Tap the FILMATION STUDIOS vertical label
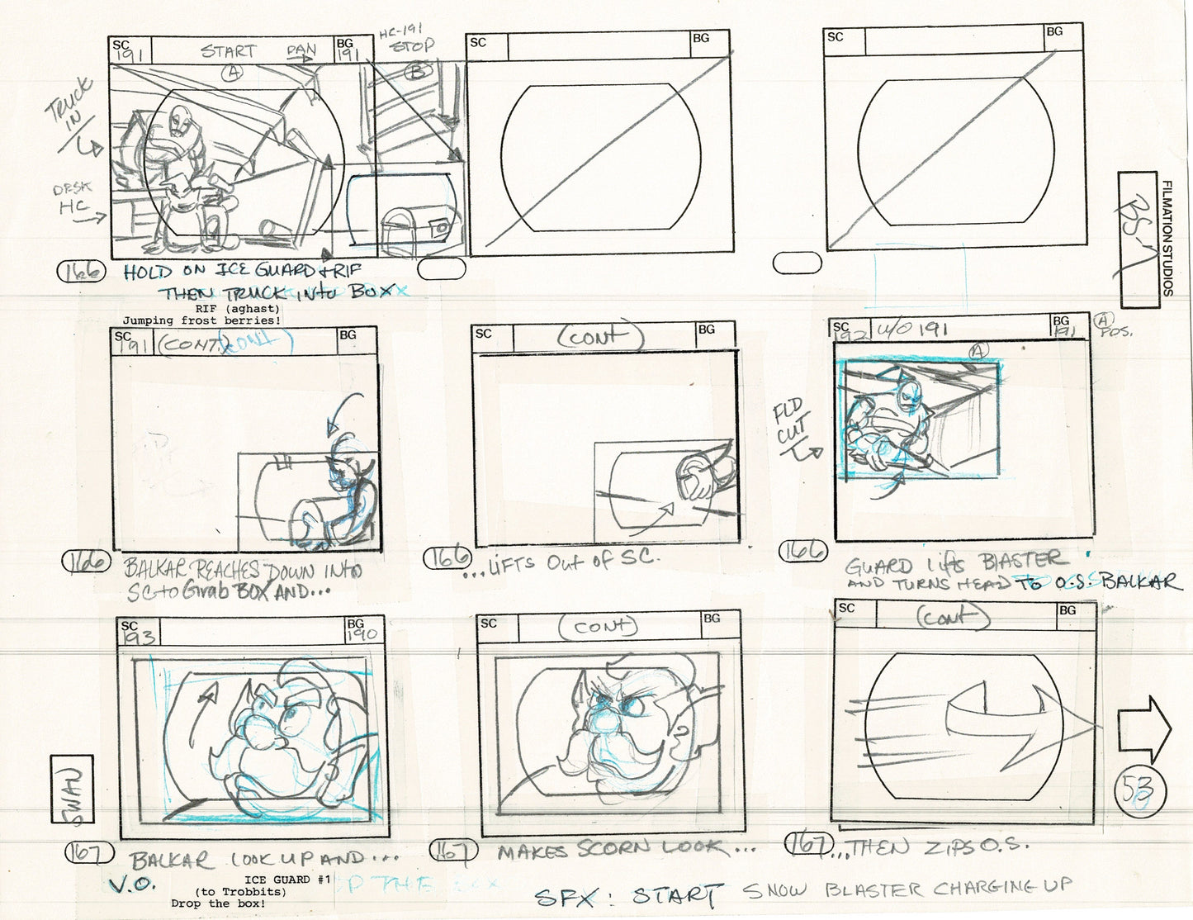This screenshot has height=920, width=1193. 1167,238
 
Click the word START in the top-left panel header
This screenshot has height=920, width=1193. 229,51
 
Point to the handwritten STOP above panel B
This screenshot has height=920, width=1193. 412,47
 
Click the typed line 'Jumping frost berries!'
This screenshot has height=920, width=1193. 201,320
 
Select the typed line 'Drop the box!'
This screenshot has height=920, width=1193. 218,903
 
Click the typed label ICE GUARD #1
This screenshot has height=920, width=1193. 288,880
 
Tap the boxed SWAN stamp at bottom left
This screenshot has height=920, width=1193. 72,790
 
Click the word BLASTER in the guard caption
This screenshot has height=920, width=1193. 1022,562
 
